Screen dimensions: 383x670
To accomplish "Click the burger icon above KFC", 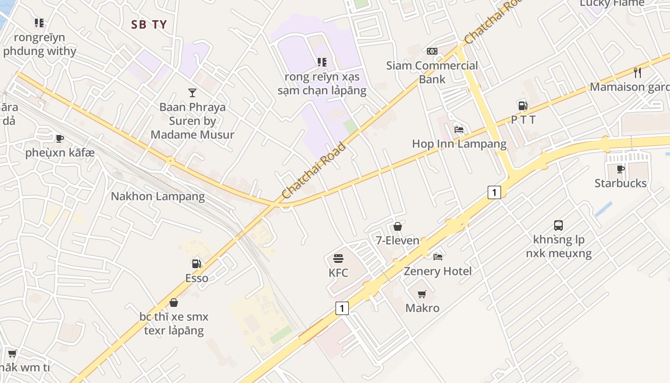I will (338, 259).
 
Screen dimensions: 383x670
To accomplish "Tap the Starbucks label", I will (620, 183).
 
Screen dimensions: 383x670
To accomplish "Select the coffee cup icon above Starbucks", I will (621, 169).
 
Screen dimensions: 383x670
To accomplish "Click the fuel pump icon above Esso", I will (196, 263).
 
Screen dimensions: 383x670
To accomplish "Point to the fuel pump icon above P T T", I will (523, 106).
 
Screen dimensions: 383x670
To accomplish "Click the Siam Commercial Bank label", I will (432, 72).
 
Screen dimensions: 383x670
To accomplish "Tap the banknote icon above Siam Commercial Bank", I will (432, 51).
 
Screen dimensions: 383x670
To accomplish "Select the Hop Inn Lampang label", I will (459, 144).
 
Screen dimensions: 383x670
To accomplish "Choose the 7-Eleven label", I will (398, 240).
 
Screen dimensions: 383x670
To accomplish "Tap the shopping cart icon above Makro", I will (422, 294).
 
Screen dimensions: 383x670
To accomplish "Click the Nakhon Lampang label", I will (158, 196).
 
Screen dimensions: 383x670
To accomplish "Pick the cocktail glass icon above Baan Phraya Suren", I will (192, 92).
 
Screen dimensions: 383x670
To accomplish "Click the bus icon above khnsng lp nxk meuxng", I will (558, 225).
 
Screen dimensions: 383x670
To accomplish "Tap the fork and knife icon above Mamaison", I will (637, 73).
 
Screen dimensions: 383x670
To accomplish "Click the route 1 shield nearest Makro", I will (342, 308).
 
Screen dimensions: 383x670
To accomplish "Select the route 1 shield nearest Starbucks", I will (494, 192).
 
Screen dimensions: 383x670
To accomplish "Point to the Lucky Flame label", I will (612, 3).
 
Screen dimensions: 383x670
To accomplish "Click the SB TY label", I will (149, 25).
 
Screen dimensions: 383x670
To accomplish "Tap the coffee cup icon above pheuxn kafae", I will (60, 138).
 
